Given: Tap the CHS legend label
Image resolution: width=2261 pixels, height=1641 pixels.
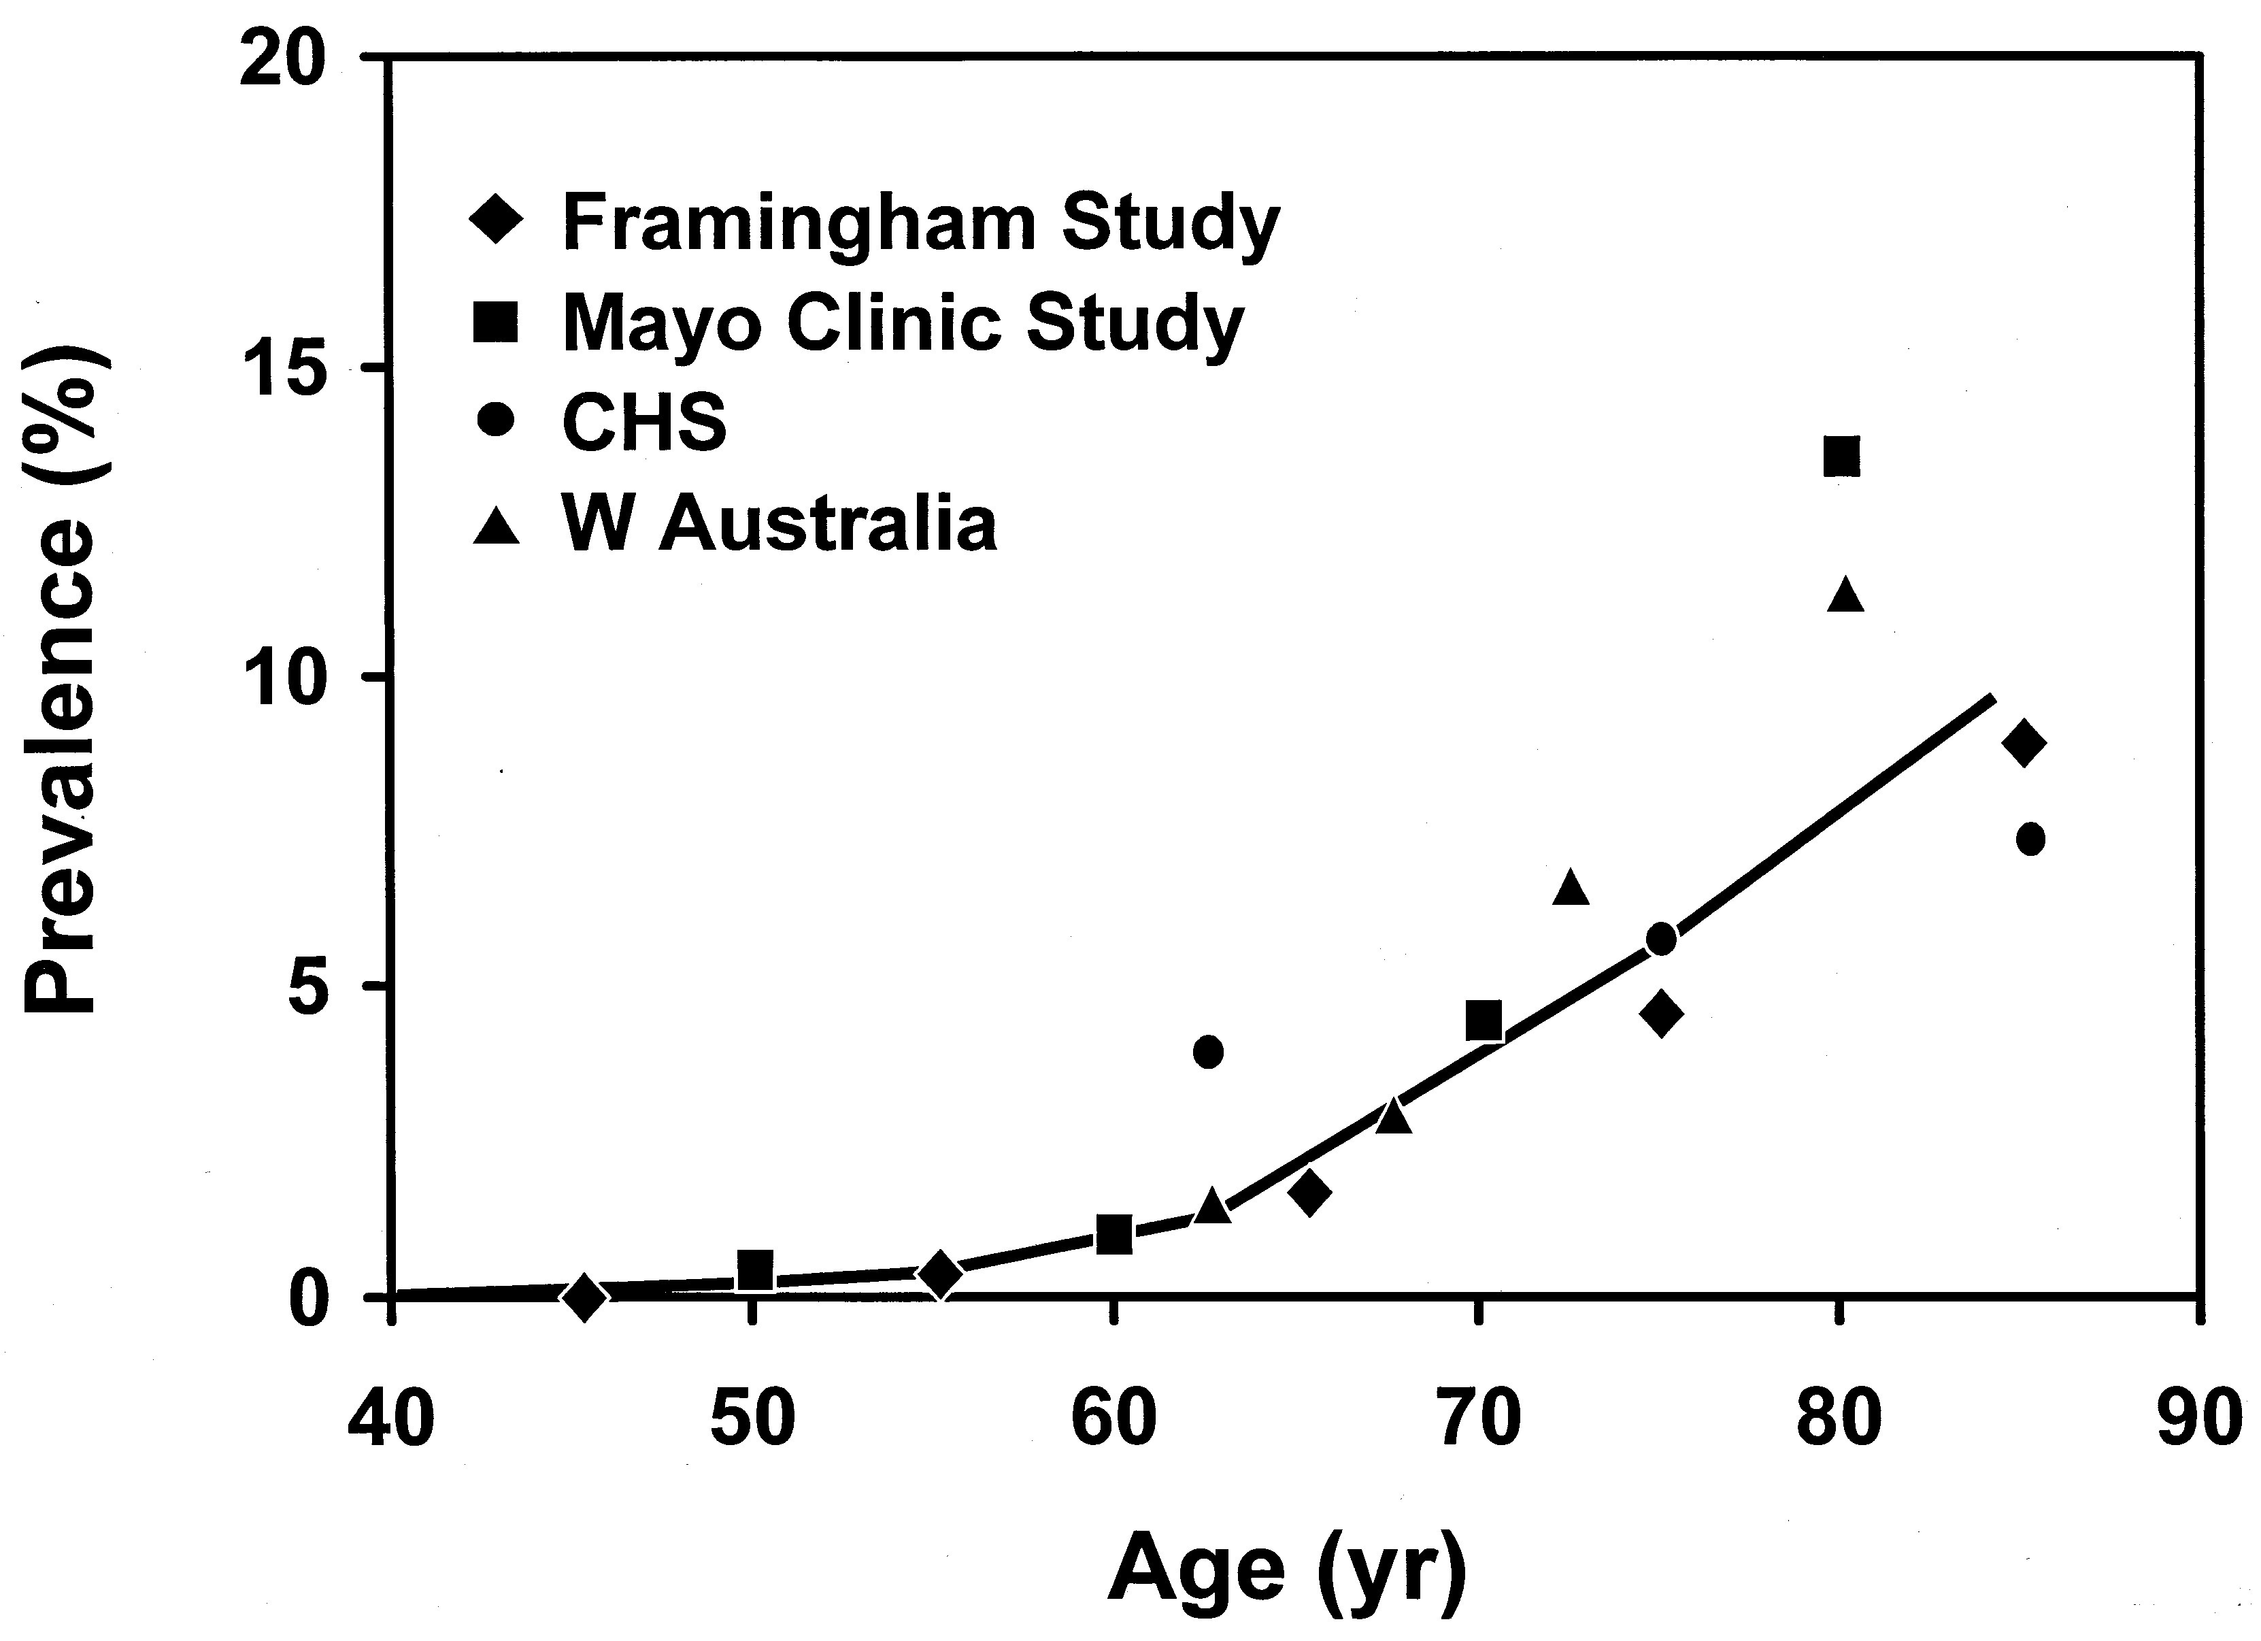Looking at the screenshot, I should point(645,422).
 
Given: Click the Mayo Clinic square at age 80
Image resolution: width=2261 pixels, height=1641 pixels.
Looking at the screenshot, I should point(1841,457).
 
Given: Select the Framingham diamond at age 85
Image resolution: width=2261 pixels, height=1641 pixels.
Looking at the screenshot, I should point(2023,743).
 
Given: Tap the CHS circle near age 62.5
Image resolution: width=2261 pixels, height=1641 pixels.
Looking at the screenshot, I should point(1208,1051).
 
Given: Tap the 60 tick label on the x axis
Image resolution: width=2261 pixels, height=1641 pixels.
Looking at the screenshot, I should point(1113,1419).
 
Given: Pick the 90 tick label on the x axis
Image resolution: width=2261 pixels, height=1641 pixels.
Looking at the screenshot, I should point(2198,1419).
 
